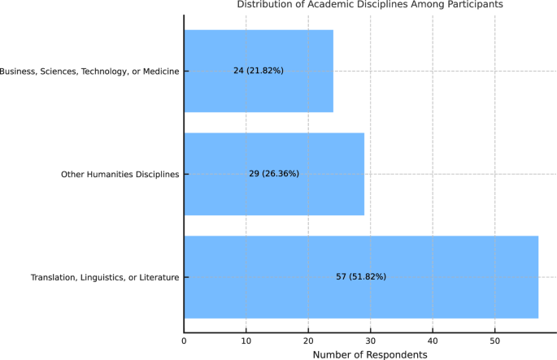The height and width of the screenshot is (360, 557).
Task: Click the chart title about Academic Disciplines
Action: pos(370,5)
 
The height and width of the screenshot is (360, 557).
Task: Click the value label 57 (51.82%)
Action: pos(361,277)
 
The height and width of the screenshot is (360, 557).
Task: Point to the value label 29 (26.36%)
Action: pos(274,174)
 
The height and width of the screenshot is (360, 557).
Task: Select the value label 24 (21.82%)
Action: pos(259,71)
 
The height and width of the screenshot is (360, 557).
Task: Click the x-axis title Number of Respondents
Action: pos(370,353)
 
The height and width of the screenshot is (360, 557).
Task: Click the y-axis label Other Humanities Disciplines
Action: pos(120,174)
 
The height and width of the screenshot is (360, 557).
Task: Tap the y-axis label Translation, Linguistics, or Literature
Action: pos(104,278)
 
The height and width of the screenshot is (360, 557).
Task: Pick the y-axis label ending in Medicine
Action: pos(89,71)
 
